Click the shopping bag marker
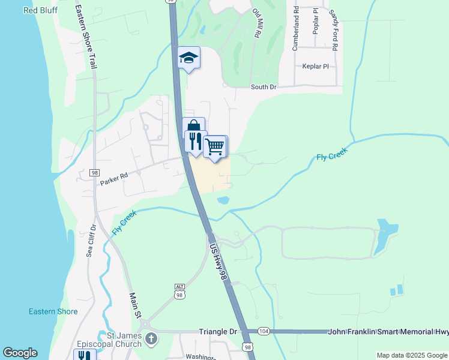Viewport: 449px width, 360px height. click(x=193, y=127)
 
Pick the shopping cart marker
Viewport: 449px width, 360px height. click(x=215, y=146)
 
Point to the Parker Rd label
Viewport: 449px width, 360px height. click(x=115, y=176)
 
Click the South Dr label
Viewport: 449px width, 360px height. click(x=264, y=87)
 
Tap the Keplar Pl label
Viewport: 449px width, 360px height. click(x=316, y=66)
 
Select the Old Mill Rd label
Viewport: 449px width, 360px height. click(x=258, y=24)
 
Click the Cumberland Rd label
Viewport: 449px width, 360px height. click(x=295, y=29)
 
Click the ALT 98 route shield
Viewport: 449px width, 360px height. click(x=179, y=293)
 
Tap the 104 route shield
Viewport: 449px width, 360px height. click(x=264, y=331)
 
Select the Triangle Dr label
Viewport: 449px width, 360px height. click(x=218, y=331)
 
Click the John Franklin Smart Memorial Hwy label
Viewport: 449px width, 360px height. click(x=388, y=331)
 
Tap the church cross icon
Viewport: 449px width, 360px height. click(x=151, y=338)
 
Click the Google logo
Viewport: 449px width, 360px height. click(x=20, y=353)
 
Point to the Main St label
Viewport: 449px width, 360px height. click(x=136, y=305)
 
